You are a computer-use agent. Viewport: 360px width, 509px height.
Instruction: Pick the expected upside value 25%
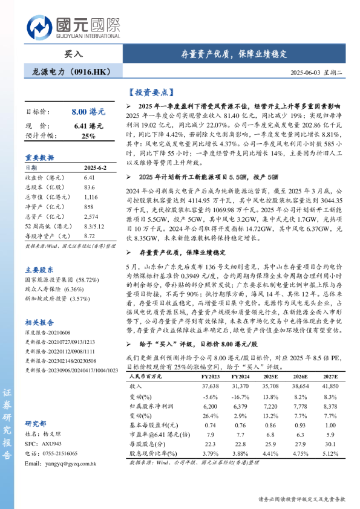click(88, 136)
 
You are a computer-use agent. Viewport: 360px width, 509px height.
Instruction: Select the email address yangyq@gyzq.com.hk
click(59, 463)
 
